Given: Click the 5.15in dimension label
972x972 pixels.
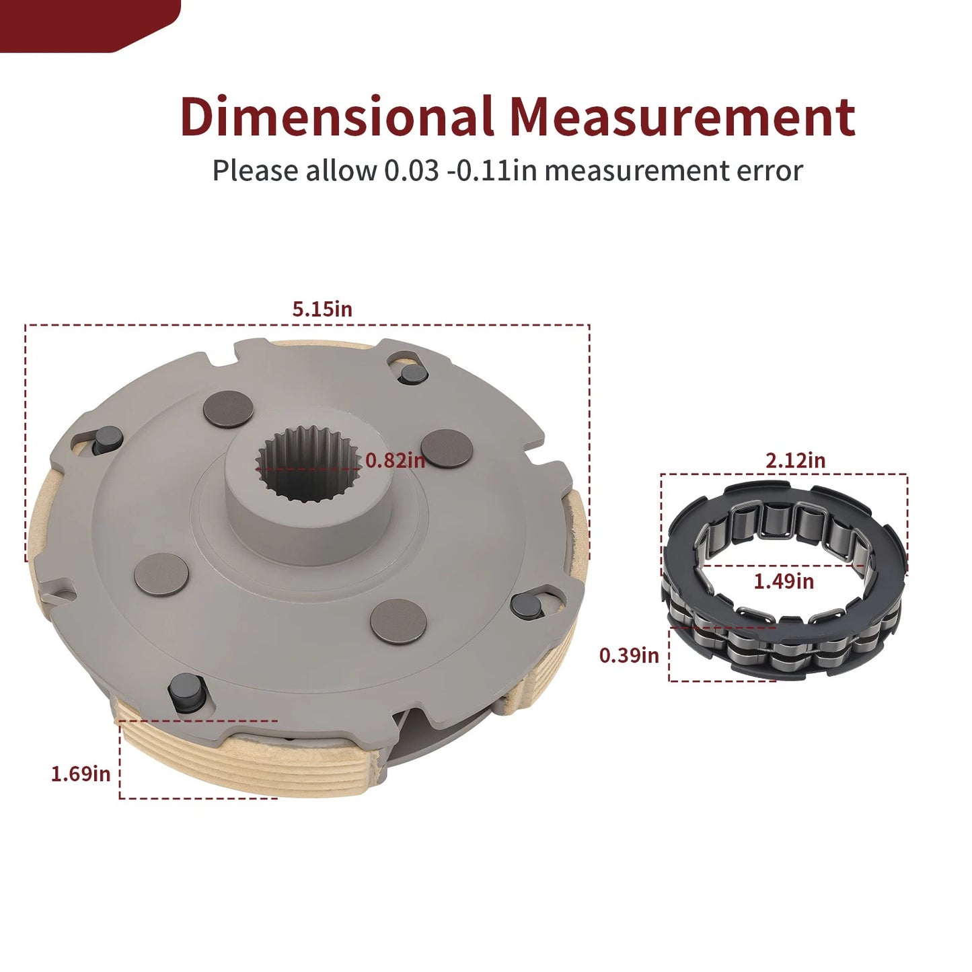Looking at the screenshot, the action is point(322,309).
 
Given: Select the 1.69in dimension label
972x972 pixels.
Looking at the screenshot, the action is point(81,774).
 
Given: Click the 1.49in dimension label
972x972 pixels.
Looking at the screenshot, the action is point(784,581).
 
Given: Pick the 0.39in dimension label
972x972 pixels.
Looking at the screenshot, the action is point(629,655).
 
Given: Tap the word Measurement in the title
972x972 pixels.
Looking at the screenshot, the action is point(683,116).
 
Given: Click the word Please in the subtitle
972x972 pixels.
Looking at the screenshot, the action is point(255,170).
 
